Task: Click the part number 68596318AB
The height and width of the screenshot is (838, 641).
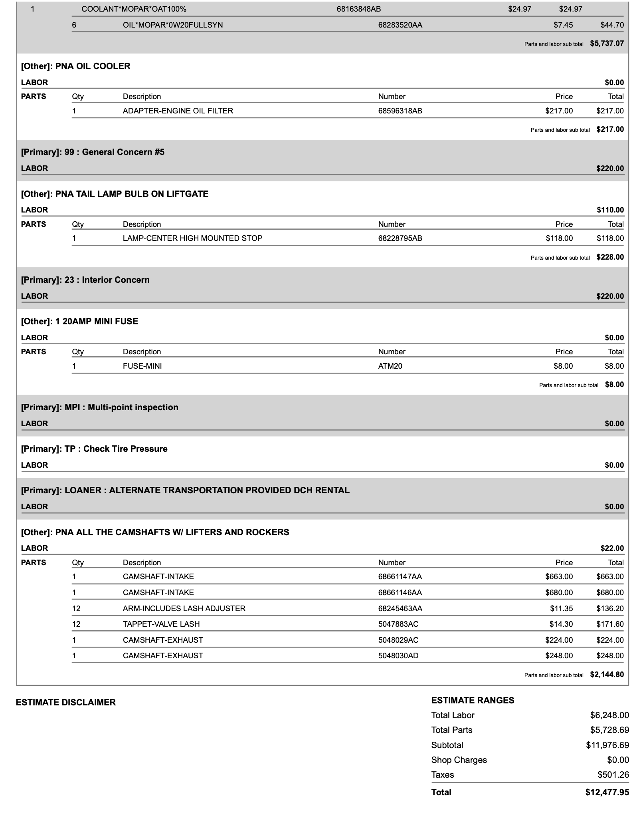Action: pyautogui.click(x=400, y=111)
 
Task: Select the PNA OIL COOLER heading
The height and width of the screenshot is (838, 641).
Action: pyautogui.click(x=76, y=66)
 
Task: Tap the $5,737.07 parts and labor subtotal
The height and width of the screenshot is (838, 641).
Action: pyautogui.click(x=607, y=44)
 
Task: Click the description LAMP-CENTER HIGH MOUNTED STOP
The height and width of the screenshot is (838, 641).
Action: pyautogui.click(x=192, y=238)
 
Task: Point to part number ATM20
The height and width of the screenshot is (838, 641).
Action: pyautogui.click(x=390, y=366)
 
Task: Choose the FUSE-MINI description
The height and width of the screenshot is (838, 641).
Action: pyautogui.click(x=142, y=366)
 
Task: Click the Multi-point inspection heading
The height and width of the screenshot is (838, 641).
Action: pyautogui.click(x=100, y=407)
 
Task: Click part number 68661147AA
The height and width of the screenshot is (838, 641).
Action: pyautogui.click(x=400, y=577)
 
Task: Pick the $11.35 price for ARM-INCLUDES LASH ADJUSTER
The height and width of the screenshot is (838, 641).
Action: pyautogui.click(x=561, y=608)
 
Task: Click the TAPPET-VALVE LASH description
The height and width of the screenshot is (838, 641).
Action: pyautogui.click(x=161, y=624)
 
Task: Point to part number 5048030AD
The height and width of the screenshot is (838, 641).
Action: pyautogui.click(x=398, y=655)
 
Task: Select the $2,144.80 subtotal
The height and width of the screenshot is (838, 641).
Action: pyautogui.click(x=607, y=675)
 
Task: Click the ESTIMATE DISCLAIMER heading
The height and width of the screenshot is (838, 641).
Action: pyautogui.click(x=66, y=703)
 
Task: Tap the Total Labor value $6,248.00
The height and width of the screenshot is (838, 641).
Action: pyautogui.click(x=609, y=715)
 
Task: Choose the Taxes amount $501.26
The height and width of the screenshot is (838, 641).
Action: pyautogui.click(x=613, y=775)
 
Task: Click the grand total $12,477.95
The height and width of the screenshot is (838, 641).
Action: pyautogui.click(x=607, y=792)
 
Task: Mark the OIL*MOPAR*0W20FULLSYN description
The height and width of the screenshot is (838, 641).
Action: pyautogui.click(x=173, y=25)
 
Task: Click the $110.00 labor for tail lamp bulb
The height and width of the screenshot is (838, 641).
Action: pyautogui.click(x=610, y=210)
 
